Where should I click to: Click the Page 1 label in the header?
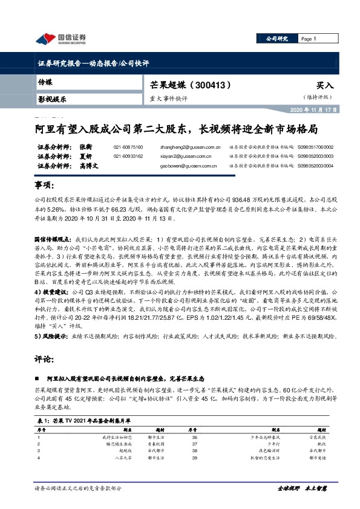[309, 39]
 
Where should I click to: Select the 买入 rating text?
[325, 86]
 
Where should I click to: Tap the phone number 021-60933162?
[128, 156]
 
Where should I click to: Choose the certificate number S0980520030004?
[315, 165]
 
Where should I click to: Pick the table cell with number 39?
[194, 459]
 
